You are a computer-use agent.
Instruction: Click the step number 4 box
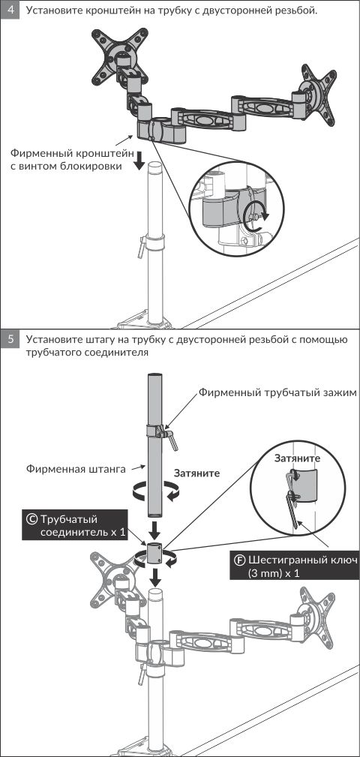(x=10, y=10)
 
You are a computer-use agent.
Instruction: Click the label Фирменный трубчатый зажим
(x=277, y=392)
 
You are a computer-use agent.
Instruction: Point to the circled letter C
(x=31, y=519)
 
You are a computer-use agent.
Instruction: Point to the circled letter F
(x=240, y=560)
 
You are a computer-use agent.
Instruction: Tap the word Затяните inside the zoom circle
(x=297, y=458)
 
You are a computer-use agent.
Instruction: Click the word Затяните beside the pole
(x=196, y=473)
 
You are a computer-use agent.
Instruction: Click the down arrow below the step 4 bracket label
(x=139, y=161)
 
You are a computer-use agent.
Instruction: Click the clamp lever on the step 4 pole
(x=141, y=246)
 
